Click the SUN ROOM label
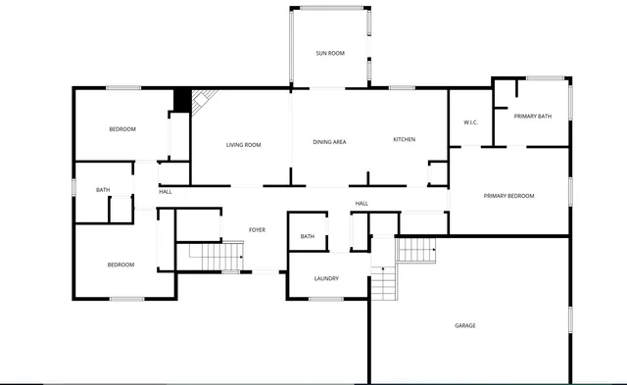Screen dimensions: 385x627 coord(329,53)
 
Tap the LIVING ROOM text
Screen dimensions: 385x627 coord(244,145)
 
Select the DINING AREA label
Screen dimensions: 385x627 coord(329,142)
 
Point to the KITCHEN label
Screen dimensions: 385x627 coord(405,139)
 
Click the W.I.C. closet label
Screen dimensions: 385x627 coord(469,122)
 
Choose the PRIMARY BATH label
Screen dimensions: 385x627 coord(533,117)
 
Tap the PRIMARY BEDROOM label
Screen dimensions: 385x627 coord(508,196)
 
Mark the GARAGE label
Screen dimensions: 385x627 coord(464,325)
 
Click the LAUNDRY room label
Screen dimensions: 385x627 coord(326,278)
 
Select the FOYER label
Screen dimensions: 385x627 coord(257,229)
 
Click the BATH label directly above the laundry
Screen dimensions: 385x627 coord(308,236)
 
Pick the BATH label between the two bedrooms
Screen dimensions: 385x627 coord(103,190)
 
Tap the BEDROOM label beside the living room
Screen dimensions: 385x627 coord(122,129)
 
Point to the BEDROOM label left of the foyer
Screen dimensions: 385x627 coord(121,265)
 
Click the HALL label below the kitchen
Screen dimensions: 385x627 coord(362,204)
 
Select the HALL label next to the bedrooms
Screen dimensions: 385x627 coord(166,192)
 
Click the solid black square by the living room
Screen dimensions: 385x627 coord(181,100)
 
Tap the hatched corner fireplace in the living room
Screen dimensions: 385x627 coord(203,99)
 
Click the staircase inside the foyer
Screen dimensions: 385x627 coord(215,257)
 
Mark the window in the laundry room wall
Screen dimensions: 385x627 coord(327,298)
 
